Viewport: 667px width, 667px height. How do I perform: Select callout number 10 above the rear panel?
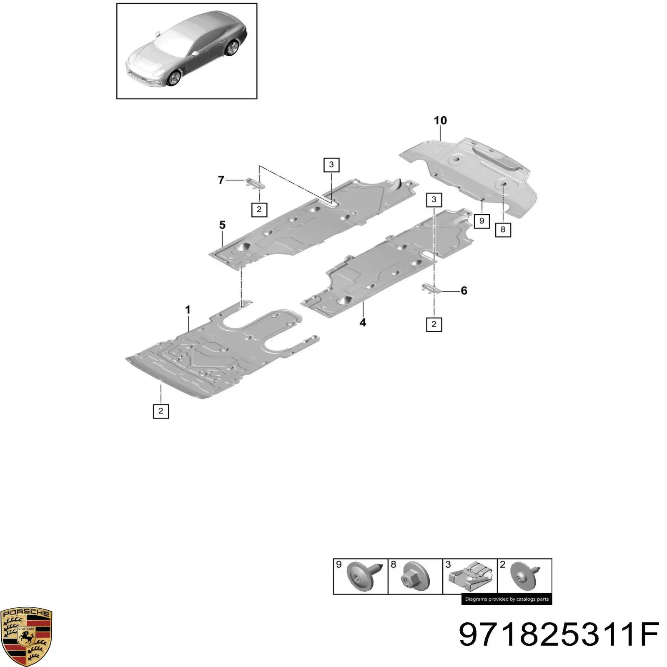click(440, 120)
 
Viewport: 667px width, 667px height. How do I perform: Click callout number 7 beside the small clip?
click(221, 180)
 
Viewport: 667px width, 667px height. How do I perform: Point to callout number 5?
click(222, 225)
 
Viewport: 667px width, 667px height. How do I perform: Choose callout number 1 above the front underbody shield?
click(188, 309)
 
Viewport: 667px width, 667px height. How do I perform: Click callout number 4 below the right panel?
click(363, 322)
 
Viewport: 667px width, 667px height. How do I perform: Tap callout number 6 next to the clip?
click(464, 291)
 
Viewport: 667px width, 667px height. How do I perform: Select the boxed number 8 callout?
click(503, 229)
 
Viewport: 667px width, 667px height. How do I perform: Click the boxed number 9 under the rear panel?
click(481, 221)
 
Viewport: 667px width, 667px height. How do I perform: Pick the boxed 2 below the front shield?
click(161, 411)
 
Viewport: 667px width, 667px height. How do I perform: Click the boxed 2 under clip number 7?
click(259, 209)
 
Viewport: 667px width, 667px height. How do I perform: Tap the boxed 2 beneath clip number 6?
click(434, 324)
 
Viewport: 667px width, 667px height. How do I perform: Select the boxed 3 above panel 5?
click(331, 165)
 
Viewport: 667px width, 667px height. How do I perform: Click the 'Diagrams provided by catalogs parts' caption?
click(507, 599)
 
